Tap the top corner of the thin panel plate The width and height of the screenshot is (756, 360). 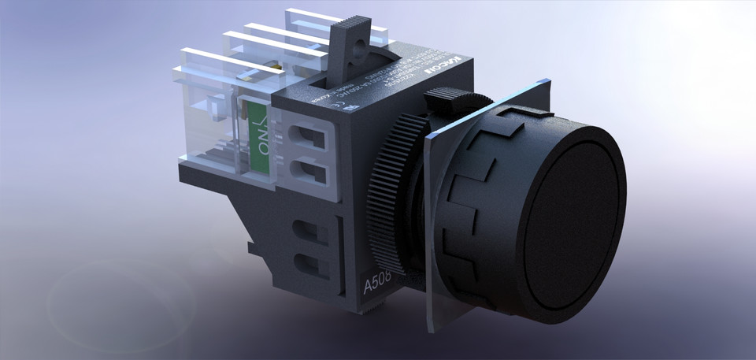pos(543,79)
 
